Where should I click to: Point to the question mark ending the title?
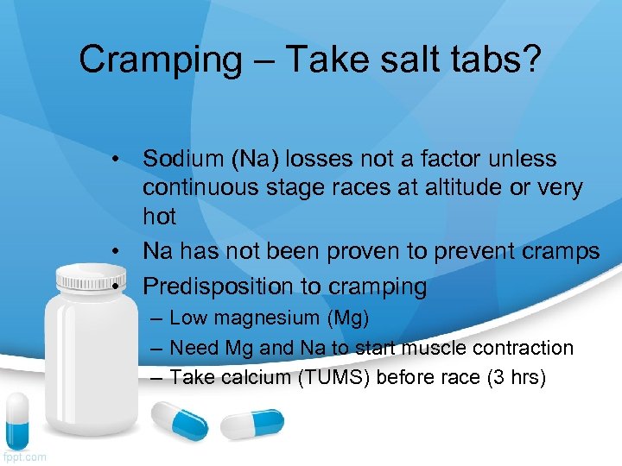[x=530, y=60]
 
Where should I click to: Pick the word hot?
[x=159, y=217]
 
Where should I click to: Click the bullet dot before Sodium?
[x=114, y=160]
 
